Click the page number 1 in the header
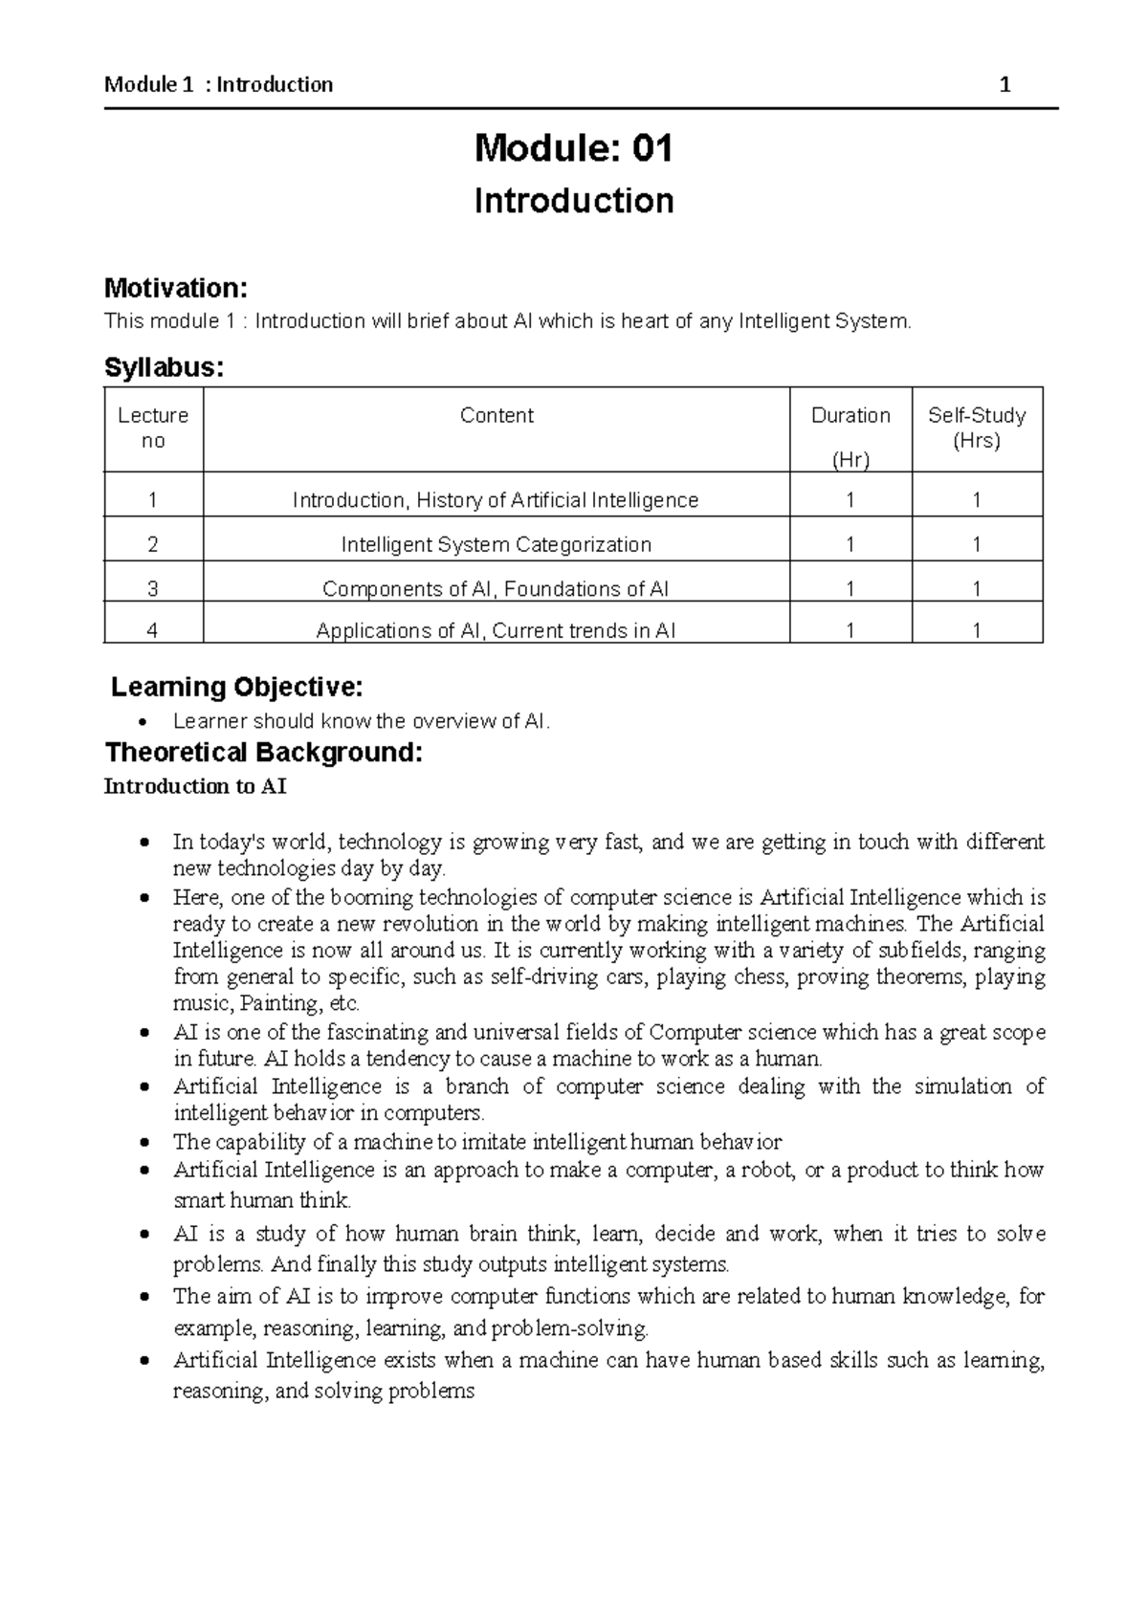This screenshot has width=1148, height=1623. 1004,85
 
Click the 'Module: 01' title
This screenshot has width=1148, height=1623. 574,148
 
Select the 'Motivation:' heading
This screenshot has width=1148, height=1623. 175,287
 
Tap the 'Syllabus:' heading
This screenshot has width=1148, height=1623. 164,368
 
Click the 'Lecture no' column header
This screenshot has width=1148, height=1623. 153,428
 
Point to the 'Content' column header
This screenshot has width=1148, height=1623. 497,415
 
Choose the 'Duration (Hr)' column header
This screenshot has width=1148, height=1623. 850,436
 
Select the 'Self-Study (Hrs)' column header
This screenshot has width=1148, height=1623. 977,428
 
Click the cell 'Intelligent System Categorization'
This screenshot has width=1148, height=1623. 497,544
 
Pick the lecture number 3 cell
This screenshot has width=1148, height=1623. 153,588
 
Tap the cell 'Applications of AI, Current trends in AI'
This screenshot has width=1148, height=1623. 496,630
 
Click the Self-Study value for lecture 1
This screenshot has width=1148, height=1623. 977,500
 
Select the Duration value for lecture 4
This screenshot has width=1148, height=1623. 850,630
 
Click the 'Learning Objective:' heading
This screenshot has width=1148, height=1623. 237,687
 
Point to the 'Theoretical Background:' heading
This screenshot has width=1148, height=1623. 263,753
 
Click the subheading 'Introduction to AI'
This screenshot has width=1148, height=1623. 195,787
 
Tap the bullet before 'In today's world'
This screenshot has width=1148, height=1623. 143,844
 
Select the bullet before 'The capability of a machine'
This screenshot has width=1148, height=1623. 143,1143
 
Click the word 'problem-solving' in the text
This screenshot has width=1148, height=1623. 569,1328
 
